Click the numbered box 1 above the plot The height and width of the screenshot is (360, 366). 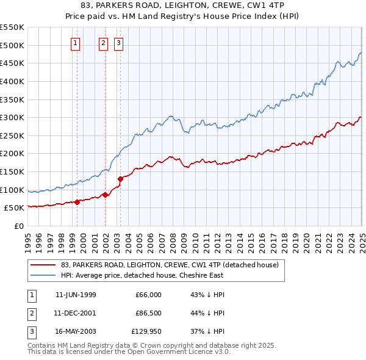click(75, 43)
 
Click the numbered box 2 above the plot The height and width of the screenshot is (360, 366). click(103, 43)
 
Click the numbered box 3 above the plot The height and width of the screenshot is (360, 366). click(118, 43)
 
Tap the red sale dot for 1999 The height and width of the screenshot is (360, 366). click(77, 202)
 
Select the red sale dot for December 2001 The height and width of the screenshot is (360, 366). click(105, 195)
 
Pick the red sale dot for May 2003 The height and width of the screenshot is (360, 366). click(121, 179)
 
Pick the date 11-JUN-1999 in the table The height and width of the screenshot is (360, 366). click(76, 295)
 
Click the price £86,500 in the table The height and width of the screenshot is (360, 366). click(149, 313)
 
